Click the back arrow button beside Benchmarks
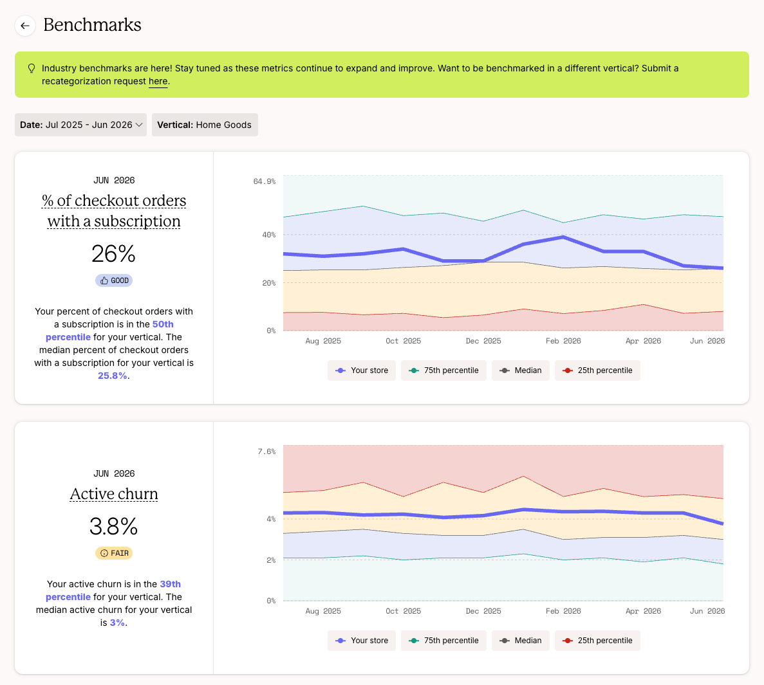(25, 25)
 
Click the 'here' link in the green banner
(158, 81)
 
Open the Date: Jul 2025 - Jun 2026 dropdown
(80, 125)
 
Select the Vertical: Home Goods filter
(205, 125)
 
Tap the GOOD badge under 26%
(114, 280)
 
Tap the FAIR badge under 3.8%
(114, 553)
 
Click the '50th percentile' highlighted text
(109, 331)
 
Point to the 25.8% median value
(113, 376)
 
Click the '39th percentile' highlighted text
(113, 590)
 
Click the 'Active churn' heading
(114, 494)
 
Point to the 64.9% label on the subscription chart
(264, 181)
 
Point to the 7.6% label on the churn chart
(266, 452)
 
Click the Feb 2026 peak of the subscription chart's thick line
(563, 237)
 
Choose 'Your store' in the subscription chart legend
(362, 370)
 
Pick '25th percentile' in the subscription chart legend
(597, 370)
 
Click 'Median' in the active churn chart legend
(520, 641)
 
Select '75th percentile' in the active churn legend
(443, 641)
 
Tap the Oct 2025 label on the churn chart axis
(404, 611)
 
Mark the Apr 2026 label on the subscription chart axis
(643, 341)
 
